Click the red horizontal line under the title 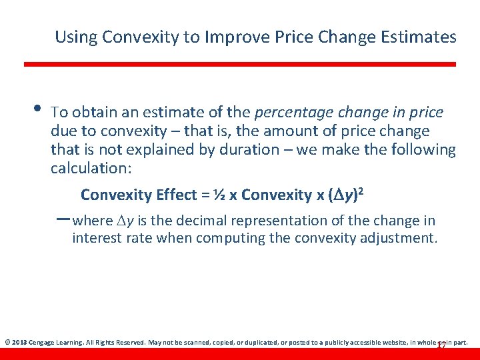pyautogui.click(x=240, y=64)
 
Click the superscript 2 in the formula pyautogui.click(x=360, y=191)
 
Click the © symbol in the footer pyautogui.click(x=7, y=342)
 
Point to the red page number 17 pyautogui.click(x=440, y=345)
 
